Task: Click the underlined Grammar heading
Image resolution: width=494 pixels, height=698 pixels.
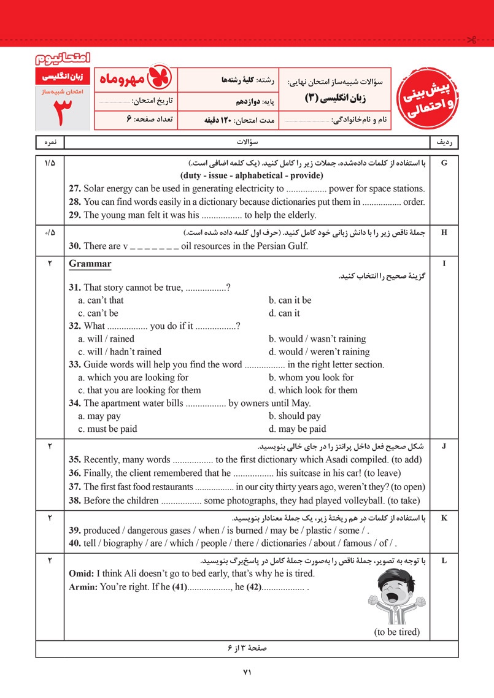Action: (x=90, y=264)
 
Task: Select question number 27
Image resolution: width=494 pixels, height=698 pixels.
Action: (x=75, y=189)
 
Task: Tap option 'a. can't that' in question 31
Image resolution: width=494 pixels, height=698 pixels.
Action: (x=101, y=301)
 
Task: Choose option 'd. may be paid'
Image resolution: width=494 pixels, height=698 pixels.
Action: (x=297, y=429)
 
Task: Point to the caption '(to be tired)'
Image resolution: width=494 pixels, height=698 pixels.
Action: (x=396, y=632)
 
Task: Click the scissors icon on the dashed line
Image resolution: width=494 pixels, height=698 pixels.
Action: (x=471, y=40)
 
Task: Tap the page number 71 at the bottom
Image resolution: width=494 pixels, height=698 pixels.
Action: (x=247, y=672)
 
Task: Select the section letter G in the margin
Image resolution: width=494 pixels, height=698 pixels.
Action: (x=444, y=163)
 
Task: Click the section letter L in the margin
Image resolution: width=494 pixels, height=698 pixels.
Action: (x=444, y=561)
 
